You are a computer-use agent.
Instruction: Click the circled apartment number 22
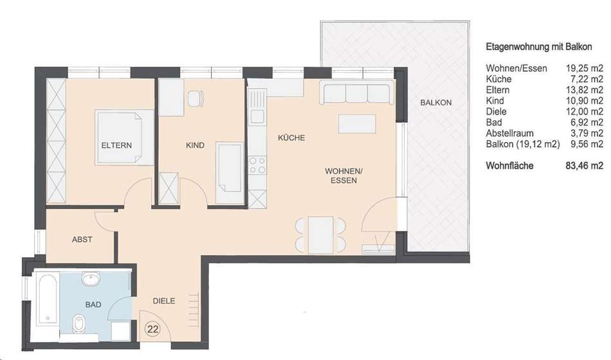click(x=153, y=329)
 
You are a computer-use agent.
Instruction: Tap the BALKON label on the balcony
click(x=435, y=103)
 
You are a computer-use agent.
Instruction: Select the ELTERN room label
click(x=116, y=145)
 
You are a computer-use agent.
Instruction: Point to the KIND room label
click(x=195, y=145)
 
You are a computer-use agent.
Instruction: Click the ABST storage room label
click(x=82, y=240)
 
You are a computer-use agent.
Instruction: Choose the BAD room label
click(x=93, y=305)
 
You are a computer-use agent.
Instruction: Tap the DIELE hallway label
click(x=163, y=301)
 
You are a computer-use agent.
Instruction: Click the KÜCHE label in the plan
click(x=291, y=138)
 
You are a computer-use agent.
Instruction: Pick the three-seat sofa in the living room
click(x=356, y=93)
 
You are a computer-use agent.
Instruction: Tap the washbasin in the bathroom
click(x=91, y=279)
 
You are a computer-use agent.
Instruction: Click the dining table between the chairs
click(x=321, y=235)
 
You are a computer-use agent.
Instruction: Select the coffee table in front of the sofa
click(x=357, y=123)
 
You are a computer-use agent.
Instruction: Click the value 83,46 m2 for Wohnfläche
click(x=584, y=166)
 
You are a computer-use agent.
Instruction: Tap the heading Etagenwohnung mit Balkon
click(x=539, y=47)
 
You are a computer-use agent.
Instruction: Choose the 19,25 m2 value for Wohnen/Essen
click(x=584, y=69)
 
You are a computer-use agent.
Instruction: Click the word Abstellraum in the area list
click(x=509, y=133)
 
